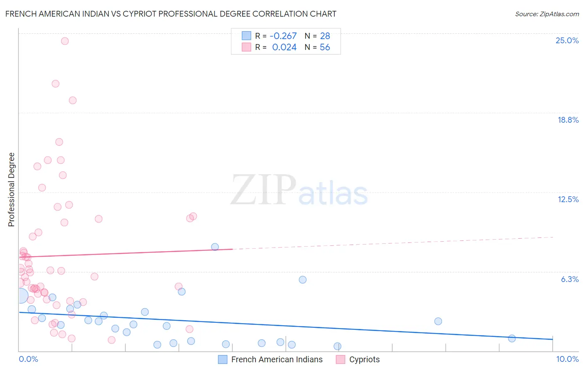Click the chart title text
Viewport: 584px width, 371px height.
click(171, 14)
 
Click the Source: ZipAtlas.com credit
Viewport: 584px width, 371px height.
click(547, 14)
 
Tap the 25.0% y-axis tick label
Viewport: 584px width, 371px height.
click(567, 40)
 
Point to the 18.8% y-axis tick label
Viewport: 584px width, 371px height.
click(568, 120)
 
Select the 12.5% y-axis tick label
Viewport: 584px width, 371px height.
click(568, 199)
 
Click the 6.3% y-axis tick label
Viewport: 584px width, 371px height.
click(569, 279)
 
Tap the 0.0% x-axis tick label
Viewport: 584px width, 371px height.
click(28, 359)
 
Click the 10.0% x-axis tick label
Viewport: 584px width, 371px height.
click(567, 359)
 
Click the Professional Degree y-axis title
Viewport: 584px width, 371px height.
click(11, 190)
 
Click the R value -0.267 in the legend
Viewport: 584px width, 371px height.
click(284, 36)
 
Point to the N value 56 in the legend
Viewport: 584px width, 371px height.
click(325, 47)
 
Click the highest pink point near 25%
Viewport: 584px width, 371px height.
click(65, 41)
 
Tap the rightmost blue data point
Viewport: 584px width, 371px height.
click(512, 339)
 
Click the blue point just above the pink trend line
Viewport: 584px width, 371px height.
click(215, 247)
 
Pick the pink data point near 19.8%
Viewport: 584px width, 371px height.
click(73, 100)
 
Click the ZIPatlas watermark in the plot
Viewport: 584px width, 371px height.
click(299, 190)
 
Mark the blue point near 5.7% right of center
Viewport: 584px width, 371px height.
click(302, 279)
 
